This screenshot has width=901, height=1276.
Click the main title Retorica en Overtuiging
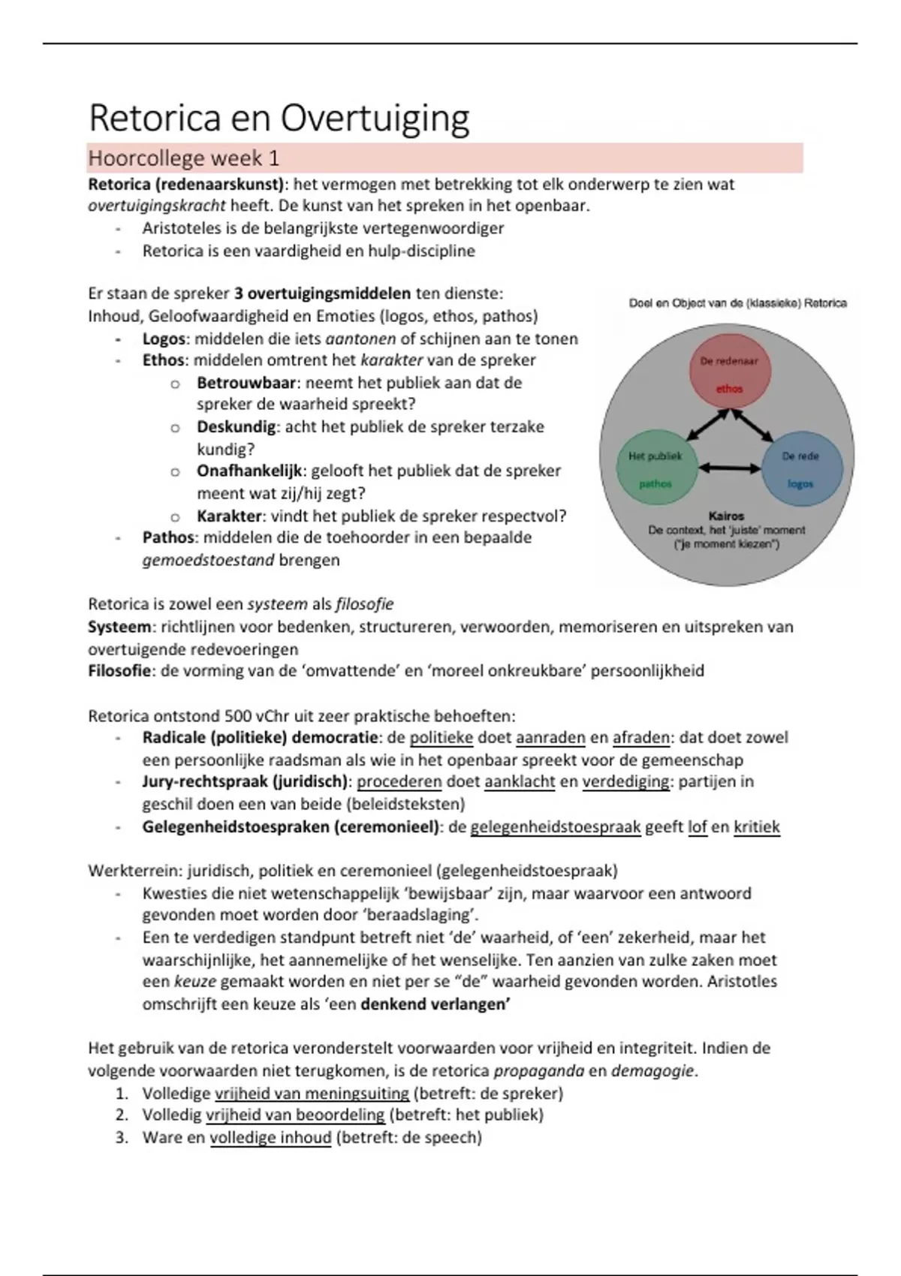[x=279, y=119]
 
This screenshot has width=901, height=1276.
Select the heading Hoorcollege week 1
[x=183, y=158]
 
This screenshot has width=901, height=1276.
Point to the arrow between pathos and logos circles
[x=729, y=468]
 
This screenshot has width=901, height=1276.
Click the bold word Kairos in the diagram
[x=726, y=516]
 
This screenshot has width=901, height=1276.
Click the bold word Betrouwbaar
[x=246, y=383]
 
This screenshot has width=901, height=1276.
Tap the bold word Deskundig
[x=236, y=427]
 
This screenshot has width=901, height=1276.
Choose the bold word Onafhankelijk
[x=249, y=471]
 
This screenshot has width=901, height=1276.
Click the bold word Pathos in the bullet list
[x=168, y=537]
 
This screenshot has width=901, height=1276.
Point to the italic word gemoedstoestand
[x=208, y=560]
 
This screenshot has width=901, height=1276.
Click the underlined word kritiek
[x=756, y=827]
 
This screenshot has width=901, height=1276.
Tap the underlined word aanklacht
[x=520, y=782]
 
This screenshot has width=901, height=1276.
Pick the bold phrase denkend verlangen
[x=434, y=1004]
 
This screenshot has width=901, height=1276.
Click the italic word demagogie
[x=652, y=1071]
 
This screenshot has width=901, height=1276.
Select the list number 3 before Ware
[x=122, y=1137]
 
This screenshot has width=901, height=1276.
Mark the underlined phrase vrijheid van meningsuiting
[x=312, y=1093]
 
